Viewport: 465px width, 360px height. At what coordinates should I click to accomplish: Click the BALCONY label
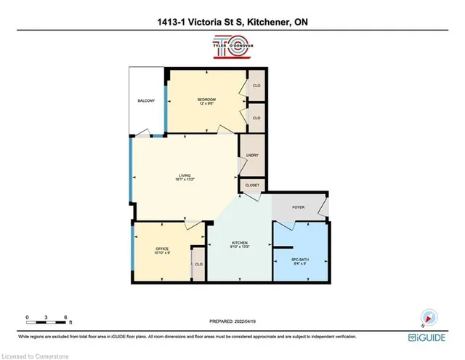point(146,100)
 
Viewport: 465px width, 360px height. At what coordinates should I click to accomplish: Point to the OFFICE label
point(161,249)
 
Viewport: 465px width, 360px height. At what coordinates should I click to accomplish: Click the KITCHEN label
point(240,243)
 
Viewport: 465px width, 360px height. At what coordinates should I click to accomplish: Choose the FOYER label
point(299,206)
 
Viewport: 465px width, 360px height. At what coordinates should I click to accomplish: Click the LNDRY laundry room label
point(252,154)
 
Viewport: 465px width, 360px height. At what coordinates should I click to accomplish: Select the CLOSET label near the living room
point(252,185)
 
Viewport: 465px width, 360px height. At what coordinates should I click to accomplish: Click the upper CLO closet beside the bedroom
point(256,84)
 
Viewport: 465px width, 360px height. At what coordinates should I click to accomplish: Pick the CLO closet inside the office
point(198,263)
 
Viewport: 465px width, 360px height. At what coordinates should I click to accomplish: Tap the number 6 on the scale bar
point(65,318)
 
